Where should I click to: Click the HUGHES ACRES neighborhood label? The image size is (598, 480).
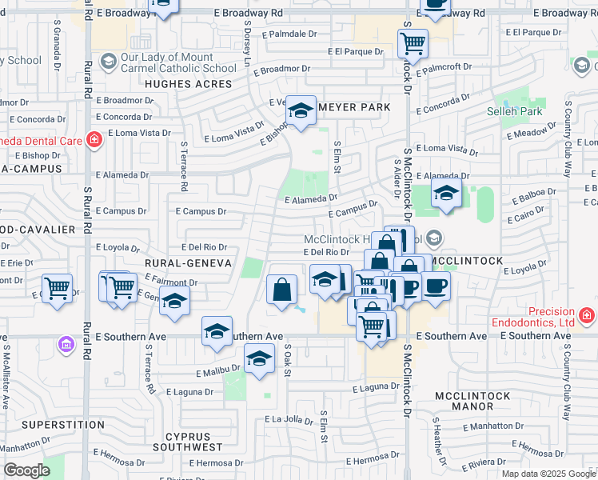point(189,82)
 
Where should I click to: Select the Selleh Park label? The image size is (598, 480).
point(515,111)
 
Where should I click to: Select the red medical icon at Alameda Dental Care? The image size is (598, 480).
point(94,141)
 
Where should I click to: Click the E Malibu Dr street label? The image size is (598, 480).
point(218,371)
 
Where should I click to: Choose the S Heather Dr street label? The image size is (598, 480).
point(439,440)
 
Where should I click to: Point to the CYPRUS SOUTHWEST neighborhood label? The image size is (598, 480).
point(193,442)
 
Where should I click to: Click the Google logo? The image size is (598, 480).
point(26,470)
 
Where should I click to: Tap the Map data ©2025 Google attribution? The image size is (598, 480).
point(548,474)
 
